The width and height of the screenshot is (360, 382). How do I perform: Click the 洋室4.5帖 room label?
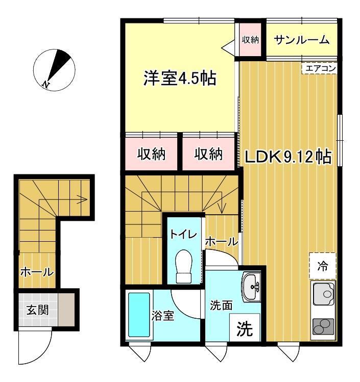(x=180, y=78)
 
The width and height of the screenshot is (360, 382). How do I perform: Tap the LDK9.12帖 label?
(x=288, y=157)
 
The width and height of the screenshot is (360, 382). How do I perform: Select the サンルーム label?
(x=301, y=40)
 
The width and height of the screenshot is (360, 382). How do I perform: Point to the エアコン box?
(x=320, y=68)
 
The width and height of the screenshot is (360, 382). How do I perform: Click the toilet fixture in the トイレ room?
(x=184, y=266)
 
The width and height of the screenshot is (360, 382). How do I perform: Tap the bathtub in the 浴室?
(x=139, y=315)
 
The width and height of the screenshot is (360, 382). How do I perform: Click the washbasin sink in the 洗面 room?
(x=251, y=287)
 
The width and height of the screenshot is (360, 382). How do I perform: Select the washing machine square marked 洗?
(x=245, y=327)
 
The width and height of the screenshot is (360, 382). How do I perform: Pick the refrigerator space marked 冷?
(x=322, y=266)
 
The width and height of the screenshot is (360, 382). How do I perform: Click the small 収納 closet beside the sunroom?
(x=250, y=39)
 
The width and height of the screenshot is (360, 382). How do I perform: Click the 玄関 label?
(x=37, y=310)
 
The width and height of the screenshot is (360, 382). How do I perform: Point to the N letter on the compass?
(x=45, y=84)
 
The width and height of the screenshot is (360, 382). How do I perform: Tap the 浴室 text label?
(x=163, y=315)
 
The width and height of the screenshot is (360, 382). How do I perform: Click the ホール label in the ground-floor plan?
(x=37, y=272)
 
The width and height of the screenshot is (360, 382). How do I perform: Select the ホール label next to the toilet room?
(x=222, y=242)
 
